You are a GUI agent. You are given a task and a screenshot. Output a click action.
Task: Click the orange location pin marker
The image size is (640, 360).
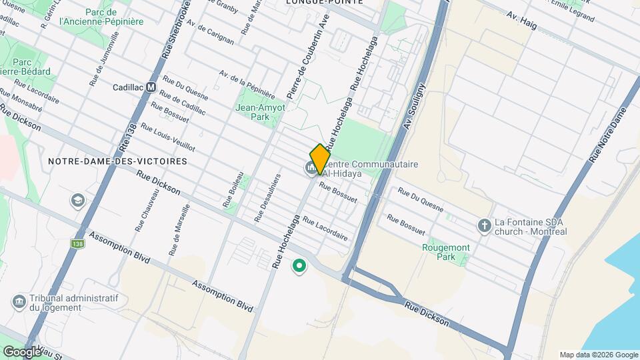(x=320, y=159)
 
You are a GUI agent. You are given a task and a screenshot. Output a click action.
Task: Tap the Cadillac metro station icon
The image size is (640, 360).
(x=151, y=87)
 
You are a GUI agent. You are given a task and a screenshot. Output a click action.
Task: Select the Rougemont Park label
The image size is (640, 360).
(x=446, y=252)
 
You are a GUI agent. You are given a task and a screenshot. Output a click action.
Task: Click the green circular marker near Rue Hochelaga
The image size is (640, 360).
(x=299, y=267)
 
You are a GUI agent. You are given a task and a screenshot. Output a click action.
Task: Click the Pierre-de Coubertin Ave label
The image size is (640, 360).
(x=307, y=54)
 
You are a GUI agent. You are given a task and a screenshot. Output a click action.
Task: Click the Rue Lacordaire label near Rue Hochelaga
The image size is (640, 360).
(x=325, y=227)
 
